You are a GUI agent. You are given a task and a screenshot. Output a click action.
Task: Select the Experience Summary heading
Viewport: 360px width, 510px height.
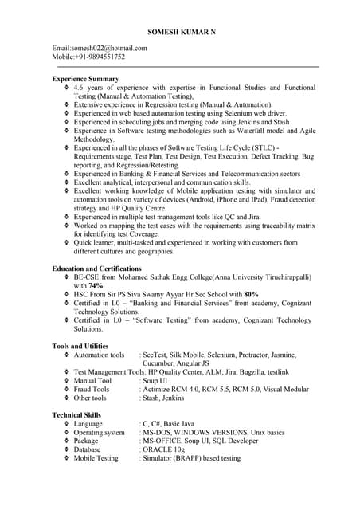(85, 79)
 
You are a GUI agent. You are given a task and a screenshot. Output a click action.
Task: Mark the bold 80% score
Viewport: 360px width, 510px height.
(251, 294)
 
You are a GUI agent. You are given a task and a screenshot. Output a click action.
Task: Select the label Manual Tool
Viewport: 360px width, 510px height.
(92, 381)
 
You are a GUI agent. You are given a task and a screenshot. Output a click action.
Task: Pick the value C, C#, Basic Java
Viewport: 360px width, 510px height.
(169, 424)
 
